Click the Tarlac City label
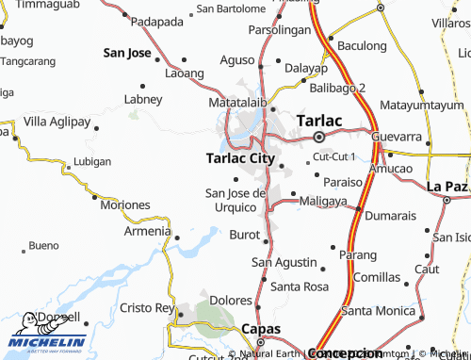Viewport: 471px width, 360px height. tap(240, 158)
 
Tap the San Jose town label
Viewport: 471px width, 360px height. tap(128, 53)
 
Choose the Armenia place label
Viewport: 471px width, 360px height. tap(147, 231)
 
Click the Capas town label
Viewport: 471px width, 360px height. tap(262, 328)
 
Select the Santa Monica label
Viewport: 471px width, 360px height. tap(377, 310)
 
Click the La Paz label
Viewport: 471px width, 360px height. tap(447, 186)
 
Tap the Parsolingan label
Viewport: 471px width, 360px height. tap(279, 30)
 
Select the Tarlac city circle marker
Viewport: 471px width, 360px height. tap(318, 138)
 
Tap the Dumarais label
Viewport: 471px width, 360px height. tap(389, 216)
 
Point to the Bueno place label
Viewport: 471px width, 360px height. tap(43, 246)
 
